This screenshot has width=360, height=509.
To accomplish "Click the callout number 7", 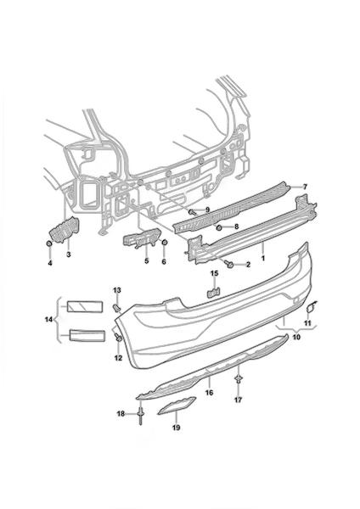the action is [x=305, y=187].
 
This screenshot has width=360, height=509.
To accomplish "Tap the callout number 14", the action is [x=48, y=320].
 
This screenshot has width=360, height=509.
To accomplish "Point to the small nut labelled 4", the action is [x=49, y=243].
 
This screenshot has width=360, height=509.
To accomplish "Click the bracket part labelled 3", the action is [x=64, y=229].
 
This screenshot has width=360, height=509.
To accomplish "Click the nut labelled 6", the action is [x=165, y=243].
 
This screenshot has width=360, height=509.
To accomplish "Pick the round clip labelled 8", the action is [x=219, y=227].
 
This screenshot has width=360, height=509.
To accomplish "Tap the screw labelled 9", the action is [x=193, y=212].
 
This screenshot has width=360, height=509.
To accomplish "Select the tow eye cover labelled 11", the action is [x=310, y=306].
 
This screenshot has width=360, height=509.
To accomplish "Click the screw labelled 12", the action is [x=118, y=338].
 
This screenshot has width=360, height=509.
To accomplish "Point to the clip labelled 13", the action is [x=116, y=307].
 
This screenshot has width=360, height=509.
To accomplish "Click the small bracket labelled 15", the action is [x=214, y=292].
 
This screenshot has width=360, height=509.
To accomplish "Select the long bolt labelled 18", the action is [x=141, y=416].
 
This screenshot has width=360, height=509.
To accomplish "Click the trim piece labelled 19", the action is [x=177, y=406].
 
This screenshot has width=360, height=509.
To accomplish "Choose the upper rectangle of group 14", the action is [x=85, y=306].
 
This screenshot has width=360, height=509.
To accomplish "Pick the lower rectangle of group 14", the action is [x=87, y=336].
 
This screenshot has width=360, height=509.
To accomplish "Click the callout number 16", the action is [x=209, y=393].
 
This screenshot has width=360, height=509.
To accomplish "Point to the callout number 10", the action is [x=296, y=337].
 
